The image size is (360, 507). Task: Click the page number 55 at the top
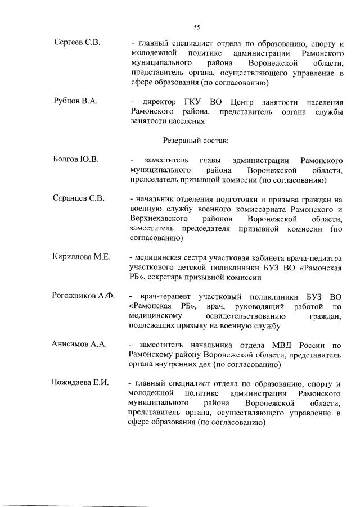[x=197, y=26]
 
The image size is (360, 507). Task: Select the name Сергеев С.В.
[x=76, y=44]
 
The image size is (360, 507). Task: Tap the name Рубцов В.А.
[x=75, y=102]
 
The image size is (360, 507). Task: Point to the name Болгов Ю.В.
[x=76, y=160]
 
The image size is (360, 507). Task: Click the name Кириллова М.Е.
[x=80, y=257]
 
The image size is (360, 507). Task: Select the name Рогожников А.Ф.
[x=83, y=296]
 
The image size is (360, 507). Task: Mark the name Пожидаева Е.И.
[x=80, y=383]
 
